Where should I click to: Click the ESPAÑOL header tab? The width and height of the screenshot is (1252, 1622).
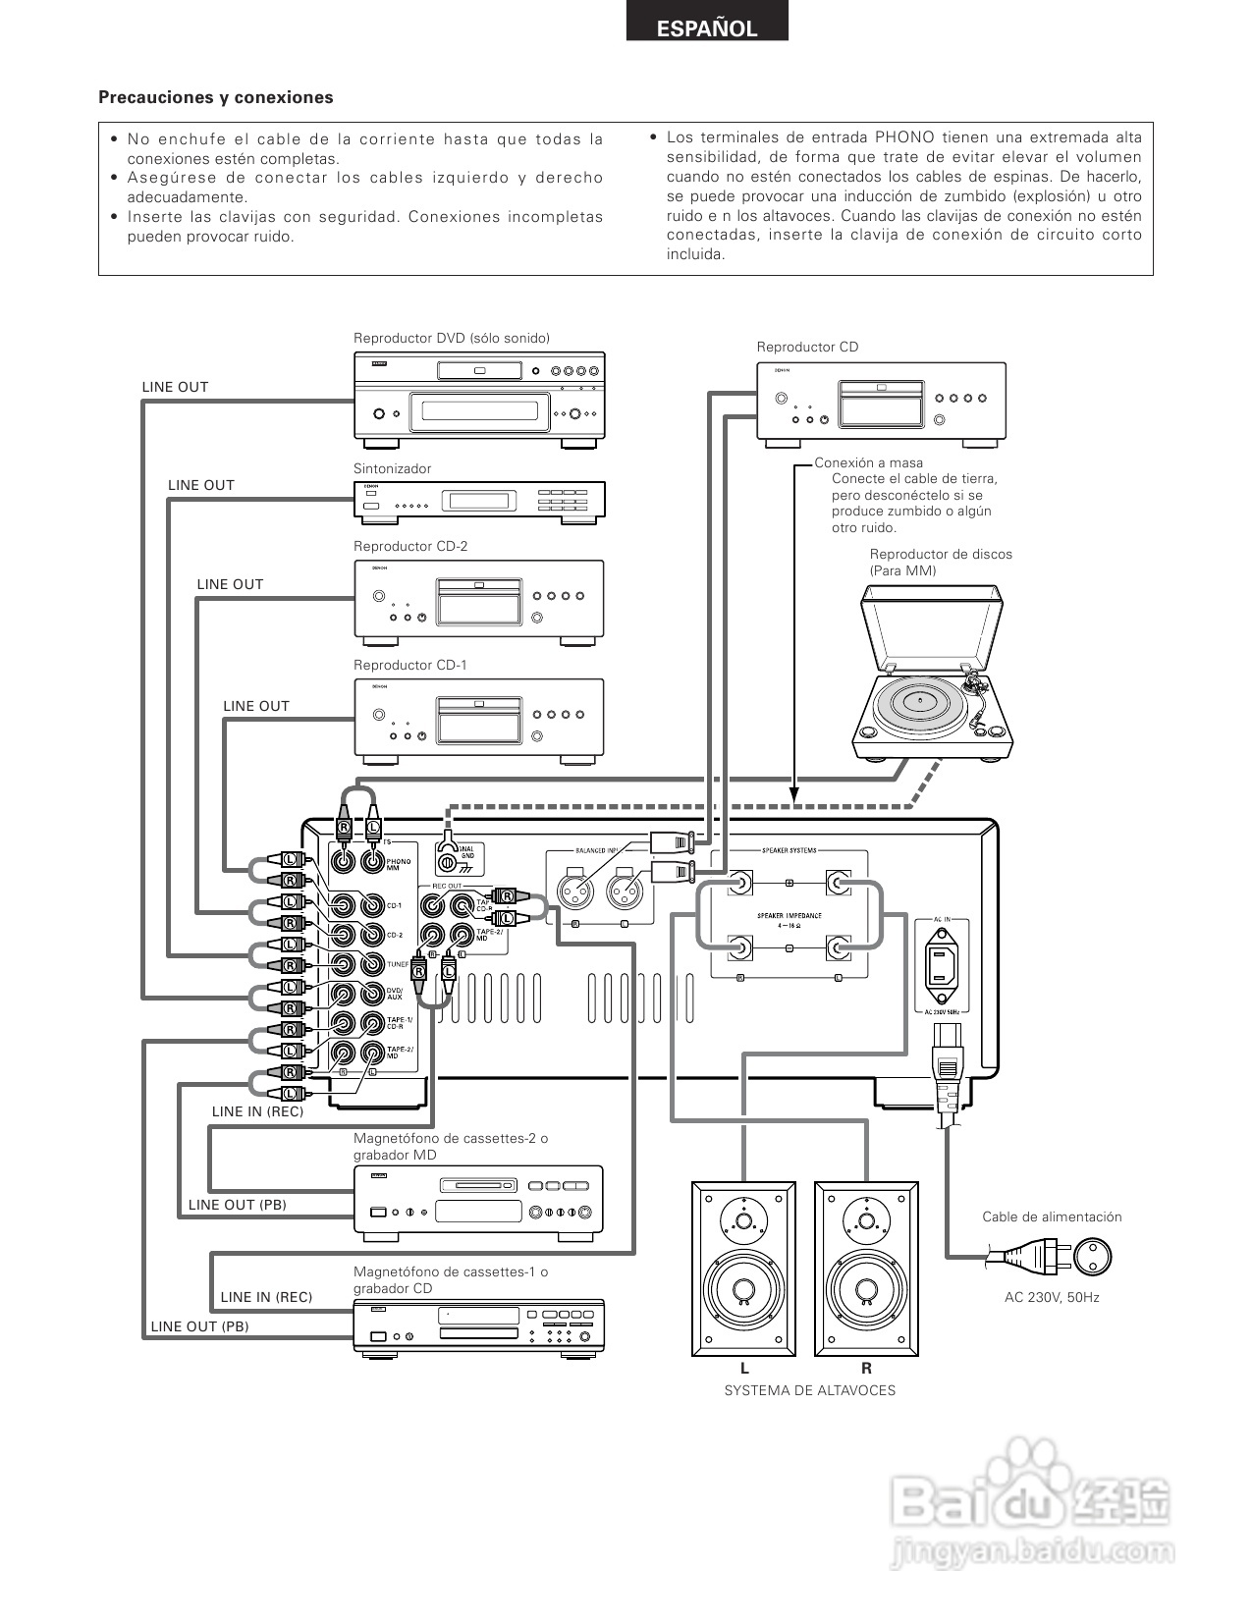click(707, 28)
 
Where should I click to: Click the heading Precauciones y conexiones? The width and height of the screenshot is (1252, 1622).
click(216, 97)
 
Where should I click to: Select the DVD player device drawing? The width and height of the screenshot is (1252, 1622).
click(478, 396)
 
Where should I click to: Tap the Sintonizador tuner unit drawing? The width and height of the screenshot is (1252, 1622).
click(478, 500)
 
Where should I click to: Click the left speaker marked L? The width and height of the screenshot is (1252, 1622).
click(743, 1268)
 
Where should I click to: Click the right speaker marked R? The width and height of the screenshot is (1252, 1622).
click(866, 1268)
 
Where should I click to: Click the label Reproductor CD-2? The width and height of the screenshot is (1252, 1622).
click(410, 547)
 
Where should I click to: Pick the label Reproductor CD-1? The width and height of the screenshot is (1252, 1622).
click(410, 665)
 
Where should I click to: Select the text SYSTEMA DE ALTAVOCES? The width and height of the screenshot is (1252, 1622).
click(809, 1390)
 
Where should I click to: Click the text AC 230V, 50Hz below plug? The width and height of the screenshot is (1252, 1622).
click(1052, 1297)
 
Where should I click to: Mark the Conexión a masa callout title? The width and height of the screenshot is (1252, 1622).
click(868, 462)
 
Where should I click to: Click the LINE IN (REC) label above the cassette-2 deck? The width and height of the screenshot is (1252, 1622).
click(257, 1111)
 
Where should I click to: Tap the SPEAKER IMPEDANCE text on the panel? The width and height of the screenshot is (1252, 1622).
click(789, 916)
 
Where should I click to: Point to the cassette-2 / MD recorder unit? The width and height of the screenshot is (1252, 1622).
click(478, 1199)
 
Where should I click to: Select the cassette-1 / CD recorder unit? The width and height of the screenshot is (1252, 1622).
click(478, 1327)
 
